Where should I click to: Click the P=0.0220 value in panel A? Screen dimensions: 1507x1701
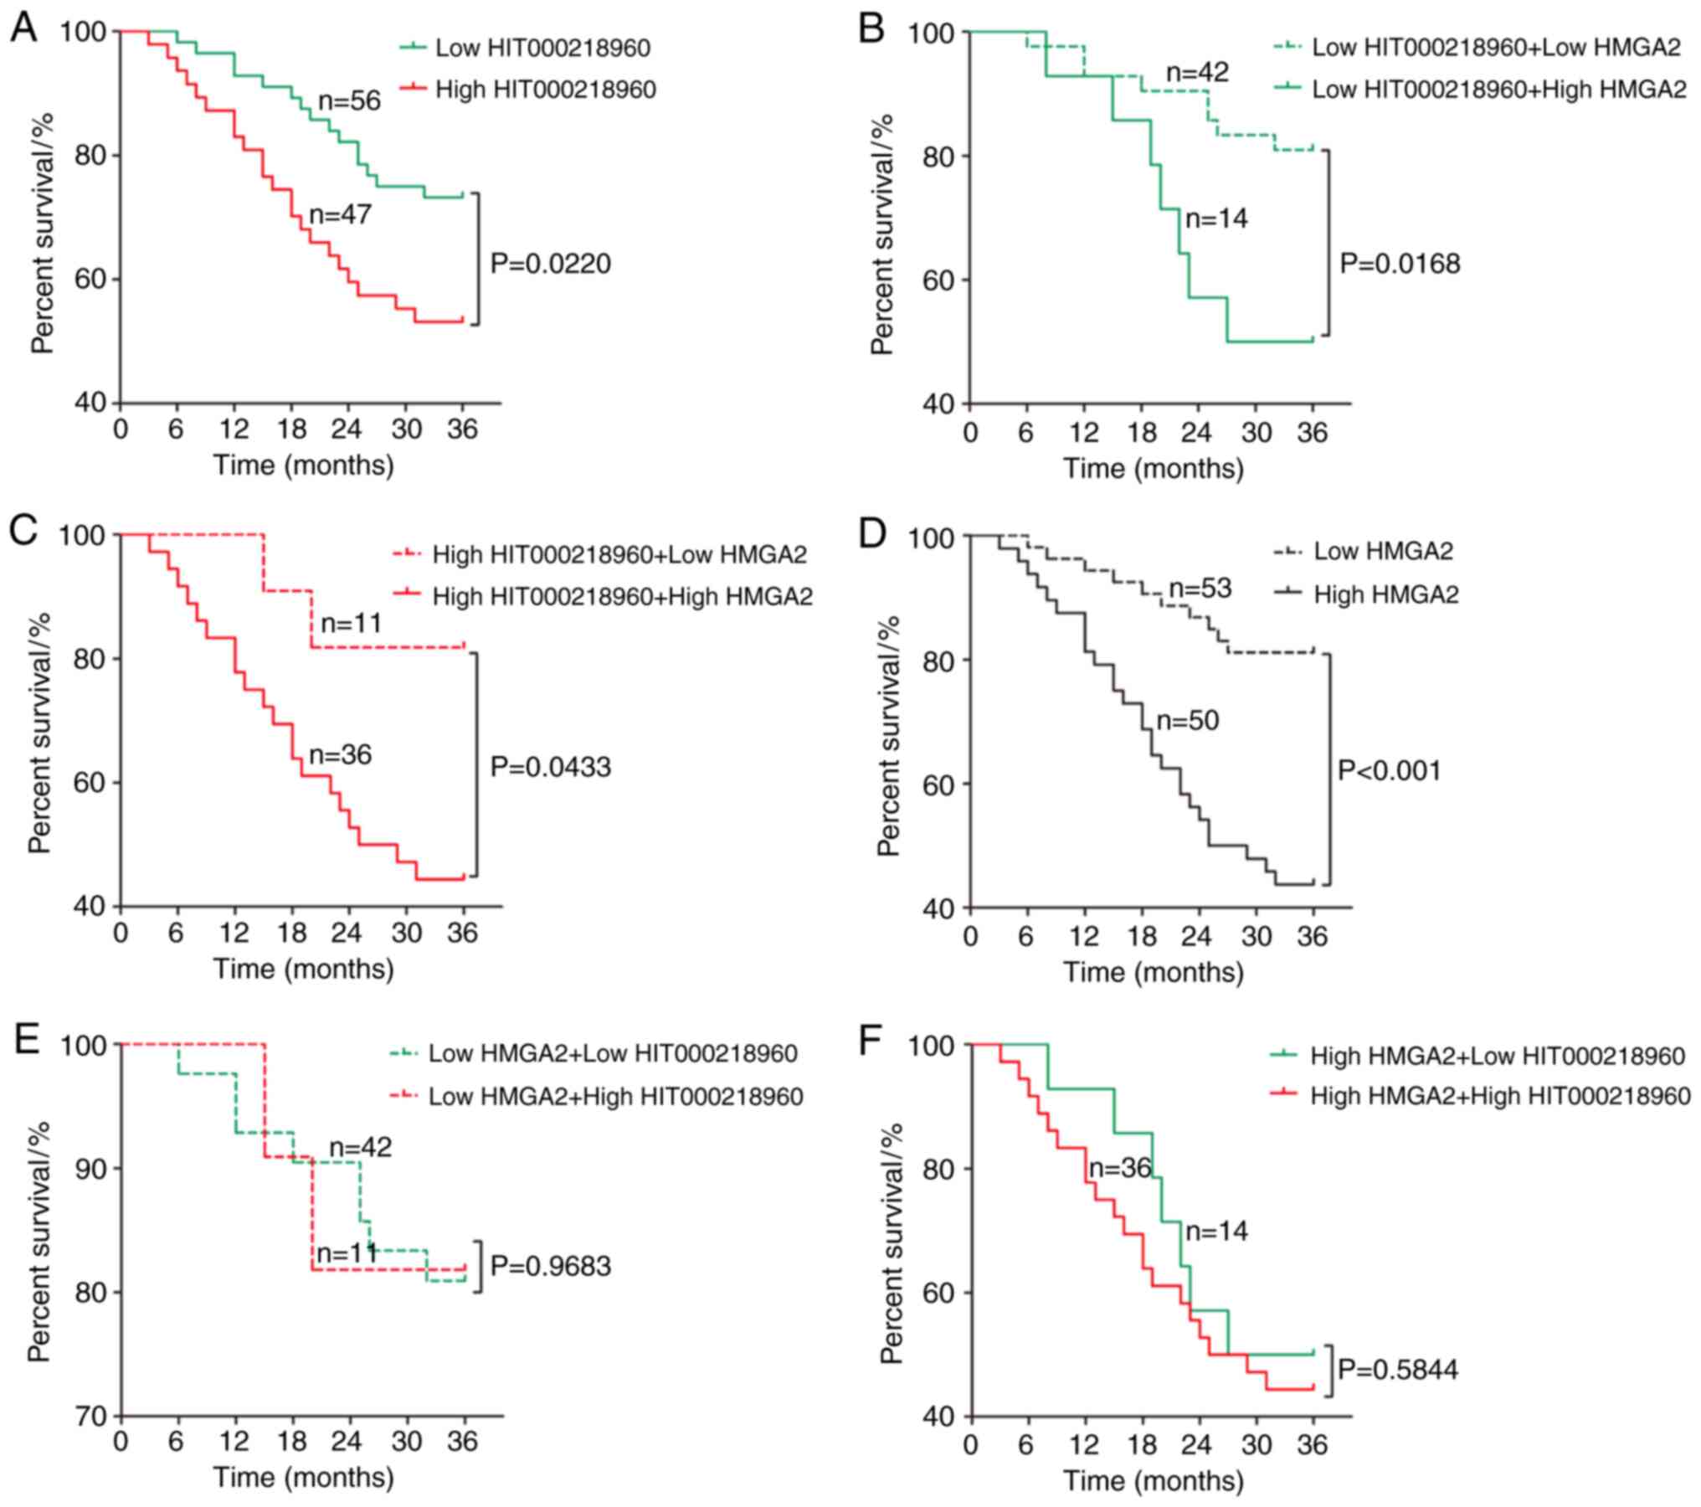[x=550, y=265]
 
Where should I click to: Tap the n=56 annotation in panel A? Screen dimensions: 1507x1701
[x=349, y=101]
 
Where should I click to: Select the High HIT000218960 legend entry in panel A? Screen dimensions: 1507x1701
[x=545, y=90]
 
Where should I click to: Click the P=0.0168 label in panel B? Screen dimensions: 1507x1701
[x=1400, y=265]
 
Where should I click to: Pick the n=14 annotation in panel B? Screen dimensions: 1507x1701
[x=1216, y=219]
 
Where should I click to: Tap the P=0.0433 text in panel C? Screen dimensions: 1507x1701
[x=550, y=768]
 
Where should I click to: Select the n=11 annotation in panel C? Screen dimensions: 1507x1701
[x=352, y=624]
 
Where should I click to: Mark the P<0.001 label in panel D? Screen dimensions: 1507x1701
[x=1390, y=770]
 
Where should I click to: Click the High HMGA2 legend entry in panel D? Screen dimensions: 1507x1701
[x=1385, y=594]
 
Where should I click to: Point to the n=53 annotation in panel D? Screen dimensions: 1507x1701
[x=1200, y=589]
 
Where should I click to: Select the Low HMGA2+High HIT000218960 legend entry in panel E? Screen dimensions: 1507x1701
[x=615, y=1097]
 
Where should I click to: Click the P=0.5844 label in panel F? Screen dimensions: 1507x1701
[x=1398, y=1371]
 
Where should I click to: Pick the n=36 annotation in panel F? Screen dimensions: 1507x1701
[x=1118, y=1168]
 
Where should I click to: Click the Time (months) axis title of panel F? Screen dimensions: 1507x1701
[x=1153, y=1481]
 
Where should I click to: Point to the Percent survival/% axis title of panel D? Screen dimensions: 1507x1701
[x=889, y=737]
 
